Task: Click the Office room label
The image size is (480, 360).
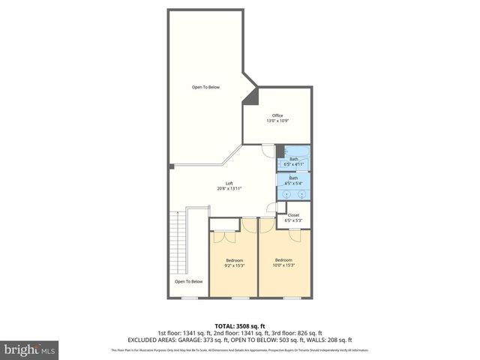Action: pos(277,115)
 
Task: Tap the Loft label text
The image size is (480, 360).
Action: pos(229,184)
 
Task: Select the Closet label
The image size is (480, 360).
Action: pos(293,214)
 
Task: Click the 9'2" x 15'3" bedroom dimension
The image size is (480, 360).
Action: pos(235,265)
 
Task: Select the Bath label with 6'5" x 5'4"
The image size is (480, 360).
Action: pos(294,182)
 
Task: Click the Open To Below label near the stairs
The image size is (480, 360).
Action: pos(189,281)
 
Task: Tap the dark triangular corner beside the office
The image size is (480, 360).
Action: pos(253,96)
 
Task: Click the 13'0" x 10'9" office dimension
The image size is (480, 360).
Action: pos(277,121)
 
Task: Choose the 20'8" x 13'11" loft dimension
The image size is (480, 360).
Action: pos(229,189)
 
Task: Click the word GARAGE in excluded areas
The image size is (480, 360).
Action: pos(205,340)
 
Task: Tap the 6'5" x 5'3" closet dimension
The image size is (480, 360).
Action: pos(293,220)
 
